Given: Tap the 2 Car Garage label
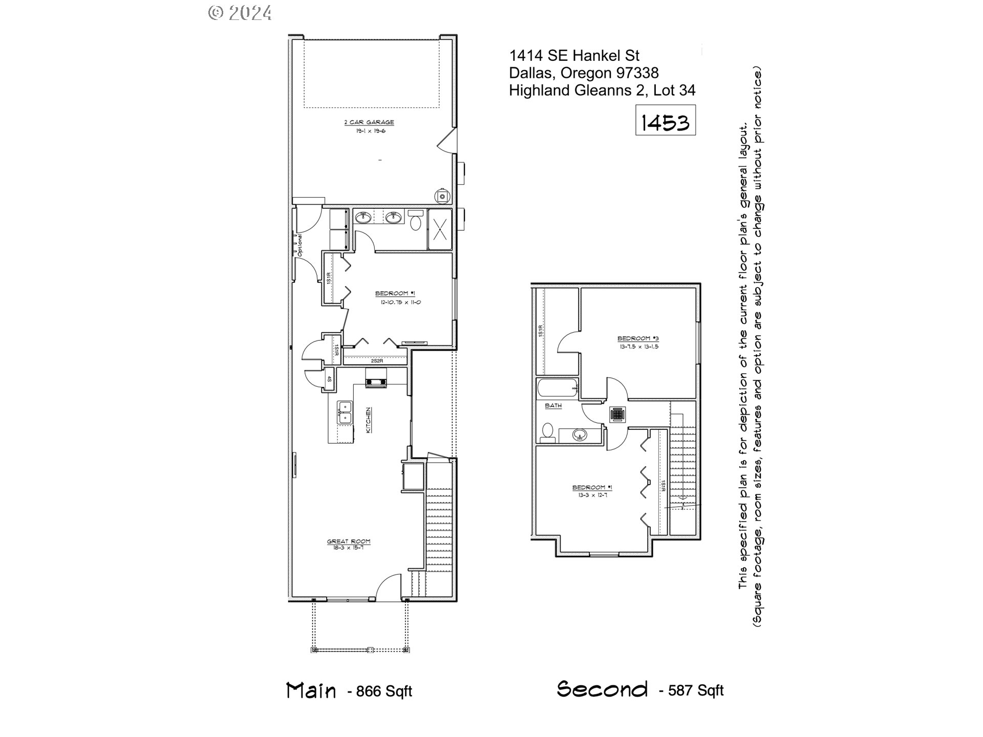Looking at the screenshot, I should (x=369, y=122).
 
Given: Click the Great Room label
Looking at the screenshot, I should (x=349, y=541).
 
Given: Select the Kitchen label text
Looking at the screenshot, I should (x=368, y=420).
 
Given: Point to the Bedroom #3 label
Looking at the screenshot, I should (x=637, y=338).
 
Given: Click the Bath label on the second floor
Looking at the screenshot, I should (x=553, y=405).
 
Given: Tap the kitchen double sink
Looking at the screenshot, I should (x=345, y=413).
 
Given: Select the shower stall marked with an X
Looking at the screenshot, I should (x=440, y=229).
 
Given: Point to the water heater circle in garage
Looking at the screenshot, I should (x=441, y=196).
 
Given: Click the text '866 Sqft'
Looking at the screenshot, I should (x=384, y=691).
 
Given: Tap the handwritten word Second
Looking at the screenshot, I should (x=602, y=689).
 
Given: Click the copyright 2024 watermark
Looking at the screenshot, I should (x=240, y=12).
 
